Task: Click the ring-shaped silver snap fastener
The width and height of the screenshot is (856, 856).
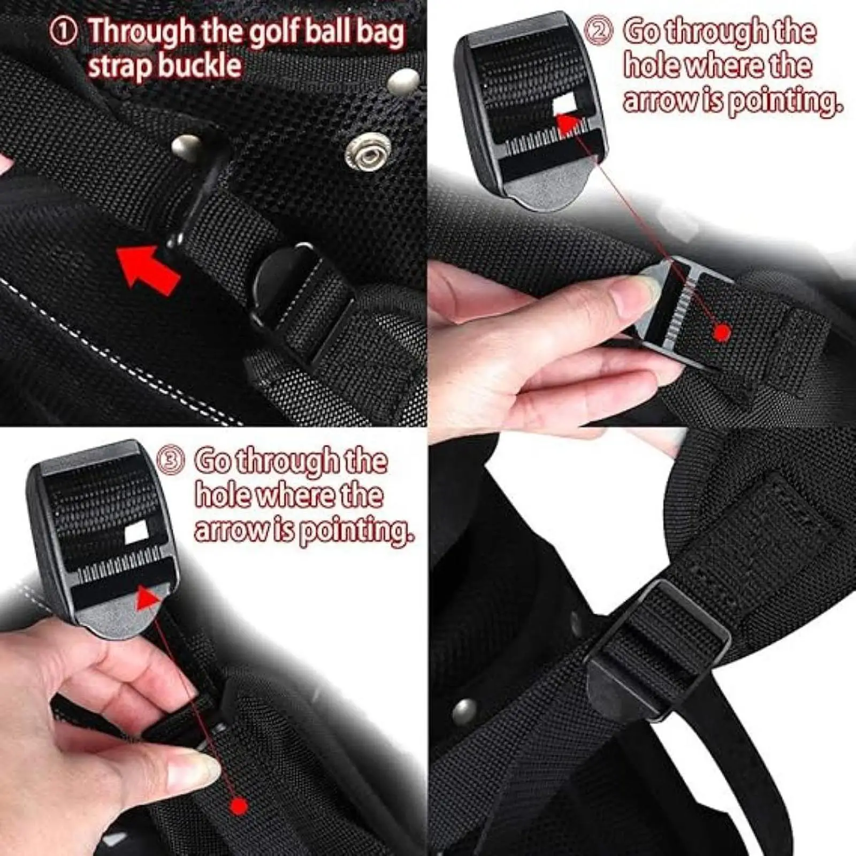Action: click(364, 154)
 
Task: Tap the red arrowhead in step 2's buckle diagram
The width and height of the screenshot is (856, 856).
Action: click(571, 125)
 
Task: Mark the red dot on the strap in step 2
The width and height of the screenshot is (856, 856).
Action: click(723, 333)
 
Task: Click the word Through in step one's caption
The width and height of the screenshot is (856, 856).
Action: click(142, 32)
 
